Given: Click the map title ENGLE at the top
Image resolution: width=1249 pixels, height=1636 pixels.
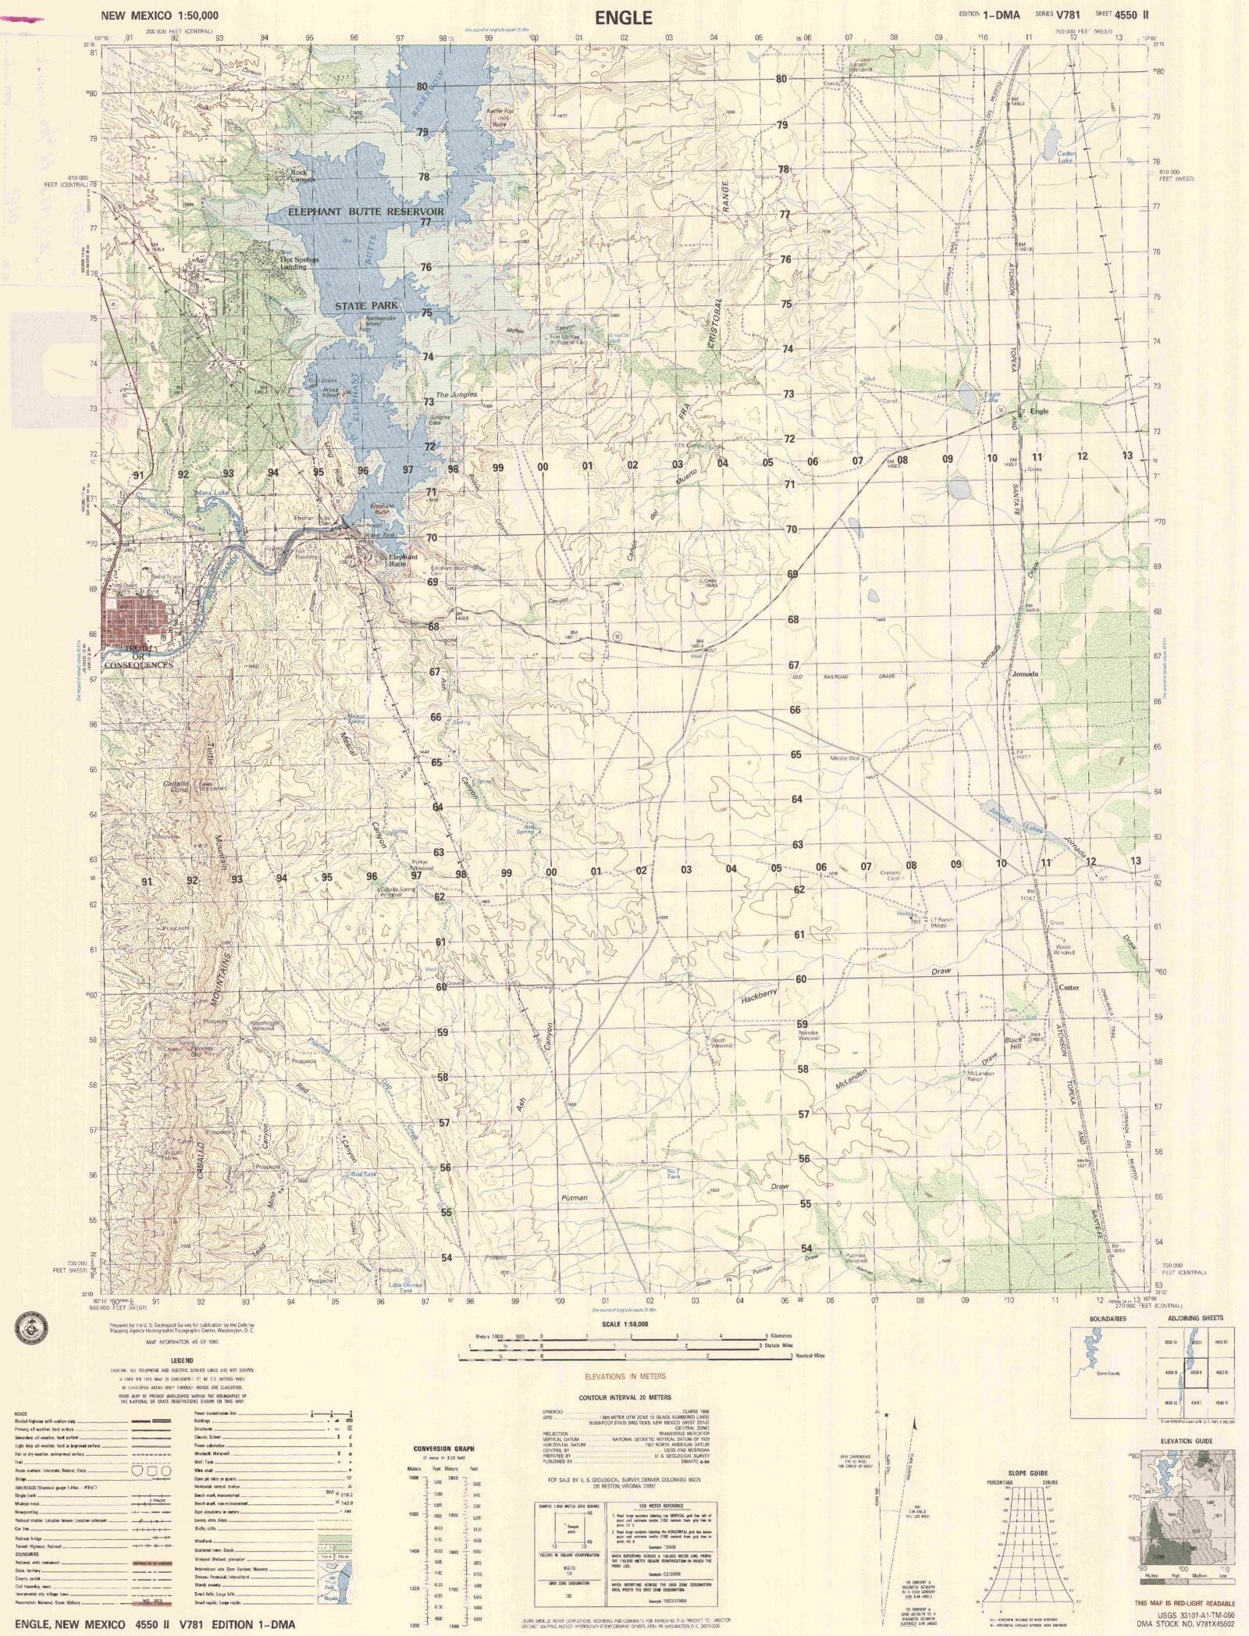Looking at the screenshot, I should coord(623,17).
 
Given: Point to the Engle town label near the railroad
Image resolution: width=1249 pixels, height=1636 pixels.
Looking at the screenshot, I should coord(1039,411).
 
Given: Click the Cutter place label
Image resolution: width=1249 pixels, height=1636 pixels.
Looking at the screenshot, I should coord(1068,987).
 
